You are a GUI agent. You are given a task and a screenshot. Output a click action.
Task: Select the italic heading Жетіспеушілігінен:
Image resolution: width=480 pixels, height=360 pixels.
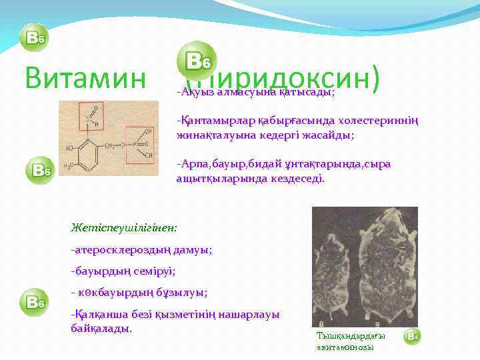(x=124, y=228)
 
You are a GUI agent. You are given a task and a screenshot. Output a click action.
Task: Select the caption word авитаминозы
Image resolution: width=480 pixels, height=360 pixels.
(x=345, y=347)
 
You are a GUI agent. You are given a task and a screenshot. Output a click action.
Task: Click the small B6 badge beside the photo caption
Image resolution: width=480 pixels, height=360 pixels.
(x=413, y=337)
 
